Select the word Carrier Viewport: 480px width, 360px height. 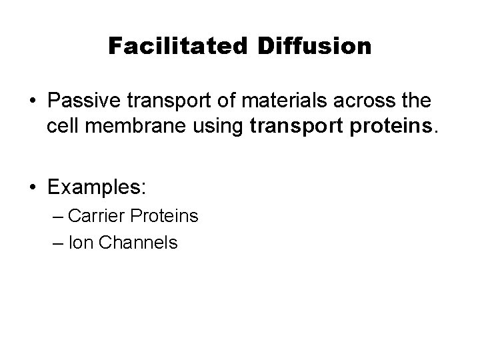97,216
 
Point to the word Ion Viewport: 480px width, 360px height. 80,243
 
